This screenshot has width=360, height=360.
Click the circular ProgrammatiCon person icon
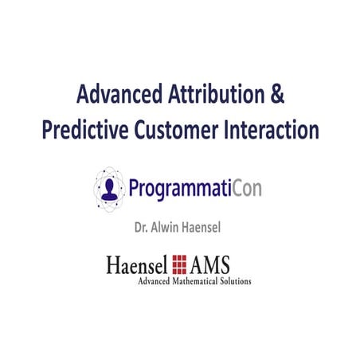[110, 188]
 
